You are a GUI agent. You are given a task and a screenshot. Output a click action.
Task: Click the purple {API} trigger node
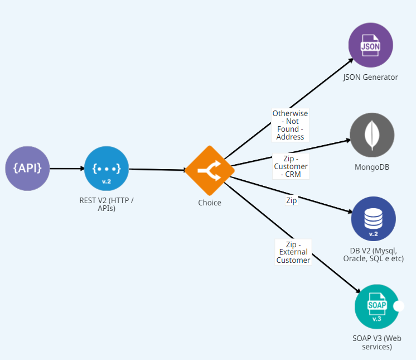click(x=27, y=167)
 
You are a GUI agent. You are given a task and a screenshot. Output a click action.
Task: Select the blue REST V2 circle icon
click(x=107, y=167)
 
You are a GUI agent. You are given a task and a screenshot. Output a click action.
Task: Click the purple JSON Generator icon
click(x=370, y=45)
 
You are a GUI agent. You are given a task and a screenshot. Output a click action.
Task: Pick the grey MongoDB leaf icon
click(x=372, y=136)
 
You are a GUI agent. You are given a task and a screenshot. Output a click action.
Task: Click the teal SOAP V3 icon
click(x=376, y=306)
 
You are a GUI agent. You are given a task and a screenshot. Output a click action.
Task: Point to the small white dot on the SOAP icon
click(x=398, y=306)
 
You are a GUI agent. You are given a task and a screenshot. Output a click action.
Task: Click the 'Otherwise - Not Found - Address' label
click(x=290, y=125)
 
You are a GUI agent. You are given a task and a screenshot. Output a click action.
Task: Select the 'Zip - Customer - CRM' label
click(x=291, y=166)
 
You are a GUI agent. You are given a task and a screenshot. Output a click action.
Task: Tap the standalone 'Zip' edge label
click(x=291, y=200)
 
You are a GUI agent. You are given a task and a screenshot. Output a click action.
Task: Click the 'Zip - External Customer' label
click(x=293, y=252)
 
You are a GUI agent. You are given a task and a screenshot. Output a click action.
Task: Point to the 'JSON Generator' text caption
click(x=370, y=77)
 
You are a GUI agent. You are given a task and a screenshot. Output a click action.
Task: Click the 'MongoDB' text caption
click(x=372, y=166)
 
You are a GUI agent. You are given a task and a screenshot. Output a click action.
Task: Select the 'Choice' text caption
click(x=210, y=203)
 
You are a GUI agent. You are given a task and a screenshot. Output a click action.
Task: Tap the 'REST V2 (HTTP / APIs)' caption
click(x=107, y=204)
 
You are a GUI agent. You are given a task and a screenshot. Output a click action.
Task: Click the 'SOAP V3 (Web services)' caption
click(x=376, y=342)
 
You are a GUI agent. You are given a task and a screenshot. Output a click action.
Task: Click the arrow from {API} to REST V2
click(x=66, y=167)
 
